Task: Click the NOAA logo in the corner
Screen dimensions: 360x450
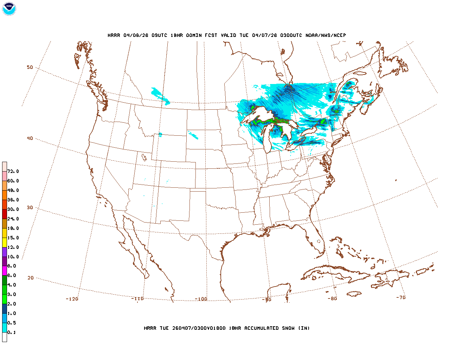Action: pyautogui.click(x=9, y=9)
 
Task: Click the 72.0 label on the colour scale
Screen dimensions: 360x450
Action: pyautogui.click(x=13, y=172)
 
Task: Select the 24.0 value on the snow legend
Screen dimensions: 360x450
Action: pyautogui.click(x=13, y=219)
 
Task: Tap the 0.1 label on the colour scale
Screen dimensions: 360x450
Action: pyautogui.click(x=12, y=333)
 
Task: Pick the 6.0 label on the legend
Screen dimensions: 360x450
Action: pyautogui.click(x=12, y=276)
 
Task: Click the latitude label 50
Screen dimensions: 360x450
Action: pyautogui.click(x=30, y=67)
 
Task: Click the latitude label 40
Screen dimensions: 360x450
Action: pyautogui.click(x=30, y=139)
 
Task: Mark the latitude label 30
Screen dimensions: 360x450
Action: pyautogui.click(x=30, y=208)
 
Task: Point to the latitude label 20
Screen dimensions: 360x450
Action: pyautogui.click(x=31, y=278)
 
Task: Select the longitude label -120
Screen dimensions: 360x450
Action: pyautogui.click(x=72, y=299)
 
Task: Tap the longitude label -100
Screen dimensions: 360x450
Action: pyautogui.click(x=201, y=299)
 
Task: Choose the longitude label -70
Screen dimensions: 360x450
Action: pyautogui.click(x=401, y=297)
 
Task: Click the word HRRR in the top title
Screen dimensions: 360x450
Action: pyautogui.click(x=114, y=36)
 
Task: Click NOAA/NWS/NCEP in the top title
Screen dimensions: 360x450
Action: pyautogui.click(x=326, y=36)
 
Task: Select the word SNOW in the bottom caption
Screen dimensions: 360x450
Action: pyautogui.click(x=288, y=328)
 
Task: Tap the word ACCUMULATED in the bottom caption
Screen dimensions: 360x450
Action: pyautogui.click(x=261, y=328)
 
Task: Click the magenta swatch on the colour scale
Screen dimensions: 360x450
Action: pyautogui.click(x=5, y=271)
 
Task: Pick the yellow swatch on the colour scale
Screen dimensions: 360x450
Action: pyautogui.click(x=5, y=242)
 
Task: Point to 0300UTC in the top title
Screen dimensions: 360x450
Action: pyautogui.click(x=291, y=36)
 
